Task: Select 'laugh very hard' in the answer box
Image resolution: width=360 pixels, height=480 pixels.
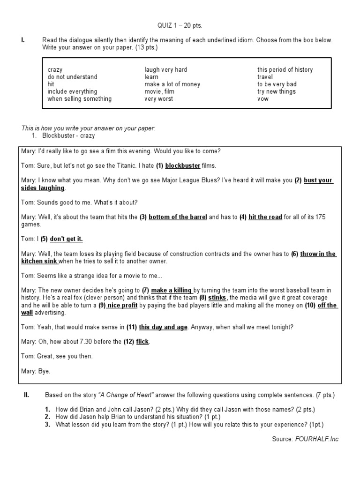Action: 165,70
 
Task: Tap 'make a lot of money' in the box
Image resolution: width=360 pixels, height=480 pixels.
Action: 172,84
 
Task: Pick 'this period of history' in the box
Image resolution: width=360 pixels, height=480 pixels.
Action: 285,70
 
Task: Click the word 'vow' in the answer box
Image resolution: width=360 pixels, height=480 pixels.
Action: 262,99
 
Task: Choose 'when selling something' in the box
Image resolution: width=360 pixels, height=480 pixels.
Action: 79,99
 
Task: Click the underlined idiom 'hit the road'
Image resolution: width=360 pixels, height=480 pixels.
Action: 265,217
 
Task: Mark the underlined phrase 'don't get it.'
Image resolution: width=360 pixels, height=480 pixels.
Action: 66,239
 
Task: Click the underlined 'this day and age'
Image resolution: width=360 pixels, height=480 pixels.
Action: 163,327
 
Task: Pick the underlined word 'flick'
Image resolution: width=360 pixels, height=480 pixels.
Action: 142,341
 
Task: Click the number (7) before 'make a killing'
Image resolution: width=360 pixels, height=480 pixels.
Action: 145,291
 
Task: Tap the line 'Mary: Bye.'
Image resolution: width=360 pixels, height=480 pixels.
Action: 36,371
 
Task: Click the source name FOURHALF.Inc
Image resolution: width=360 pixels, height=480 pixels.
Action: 316,439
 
